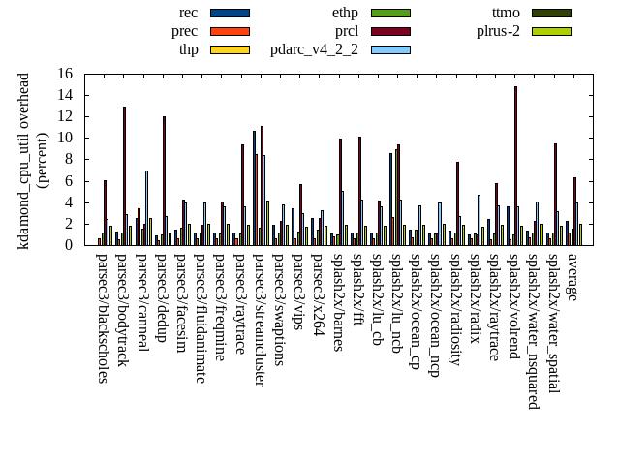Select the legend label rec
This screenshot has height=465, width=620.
(189, 13)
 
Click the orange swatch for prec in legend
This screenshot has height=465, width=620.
(230, 31)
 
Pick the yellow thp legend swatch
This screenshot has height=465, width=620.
(230, 49)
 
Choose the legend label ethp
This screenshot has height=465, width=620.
(345, 13)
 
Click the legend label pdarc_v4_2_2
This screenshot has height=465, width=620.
(314, 49)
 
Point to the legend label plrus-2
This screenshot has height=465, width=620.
(498, 31)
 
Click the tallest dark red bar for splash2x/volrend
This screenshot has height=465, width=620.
(515, 165)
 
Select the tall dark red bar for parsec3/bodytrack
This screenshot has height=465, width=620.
(124, 175)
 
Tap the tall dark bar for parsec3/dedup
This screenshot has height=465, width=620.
(164, 180)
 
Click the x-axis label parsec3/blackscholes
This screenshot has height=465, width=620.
(104, 318)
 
